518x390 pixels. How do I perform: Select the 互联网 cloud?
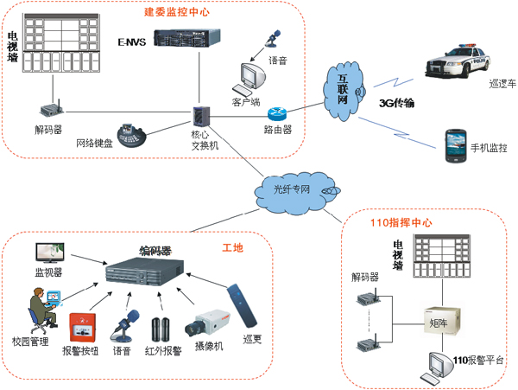tap(344, 89)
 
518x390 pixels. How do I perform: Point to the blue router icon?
tap(276, 112)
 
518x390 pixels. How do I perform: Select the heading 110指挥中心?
tap(401, 222)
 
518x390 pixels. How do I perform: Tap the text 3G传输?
tap(397, 102)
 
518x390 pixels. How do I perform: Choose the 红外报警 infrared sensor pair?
tap(162, 327)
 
